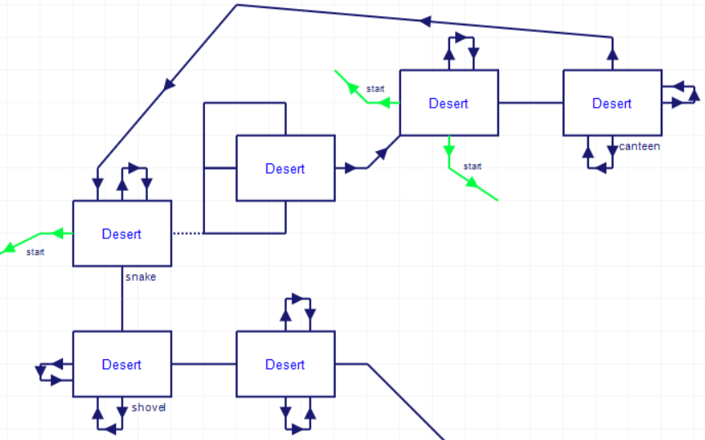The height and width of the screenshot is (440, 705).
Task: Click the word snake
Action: (x=141, y=277)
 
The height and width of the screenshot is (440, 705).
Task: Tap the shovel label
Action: (x=148, y=407)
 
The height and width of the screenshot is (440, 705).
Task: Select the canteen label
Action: (x=640, y=146)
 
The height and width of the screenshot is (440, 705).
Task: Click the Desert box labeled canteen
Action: (x=612, y=103)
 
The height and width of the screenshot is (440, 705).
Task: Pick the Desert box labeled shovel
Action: (x=122, y=364)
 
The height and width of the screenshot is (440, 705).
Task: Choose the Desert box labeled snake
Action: (x=122, y=233)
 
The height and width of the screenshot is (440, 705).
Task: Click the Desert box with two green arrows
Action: (x=448, y=103)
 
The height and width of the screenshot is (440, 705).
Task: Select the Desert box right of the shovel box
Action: (x=285, y=364)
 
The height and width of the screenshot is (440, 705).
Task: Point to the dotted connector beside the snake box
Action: (x=187, y=233)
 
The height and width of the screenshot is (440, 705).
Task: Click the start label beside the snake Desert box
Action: (x=35, y=251)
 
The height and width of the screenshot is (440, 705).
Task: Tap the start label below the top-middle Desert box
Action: (x=472, y=167)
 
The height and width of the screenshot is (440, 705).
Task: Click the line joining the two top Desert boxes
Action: (x=530, y=103)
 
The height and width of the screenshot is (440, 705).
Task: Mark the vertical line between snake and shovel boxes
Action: (x=122, y=298)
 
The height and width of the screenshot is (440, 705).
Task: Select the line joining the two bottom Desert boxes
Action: (x=203, y=364)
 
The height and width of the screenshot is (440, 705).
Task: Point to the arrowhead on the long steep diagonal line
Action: (x=169, y=84)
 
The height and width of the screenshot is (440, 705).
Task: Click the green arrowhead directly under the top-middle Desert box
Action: (x=448, y=149)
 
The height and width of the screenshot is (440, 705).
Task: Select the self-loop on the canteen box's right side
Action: (x=682, y=95)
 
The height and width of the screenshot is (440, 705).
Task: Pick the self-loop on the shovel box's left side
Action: (x=51, y=372)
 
